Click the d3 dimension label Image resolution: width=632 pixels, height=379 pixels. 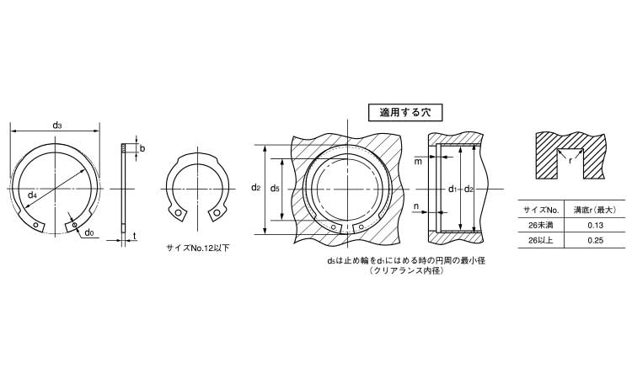point(57,125)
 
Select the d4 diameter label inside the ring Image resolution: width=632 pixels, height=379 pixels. point(32,195)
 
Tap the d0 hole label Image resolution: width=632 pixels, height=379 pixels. point(89,232)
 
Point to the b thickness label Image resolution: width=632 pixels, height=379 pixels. point(142,148)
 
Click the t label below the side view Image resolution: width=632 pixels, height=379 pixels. point(134,236)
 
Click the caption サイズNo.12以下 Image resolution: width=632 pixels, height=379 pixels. point(198,248)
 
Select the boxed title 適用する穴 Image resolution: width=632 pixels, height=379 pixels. point(405,112)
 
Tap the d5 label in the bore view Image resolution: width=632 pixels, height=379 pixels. point(275,188)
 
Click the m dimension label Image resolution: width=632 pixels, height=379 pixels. point(418,162)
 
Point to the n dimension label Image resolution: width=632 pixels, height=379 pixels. point(416,206)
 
